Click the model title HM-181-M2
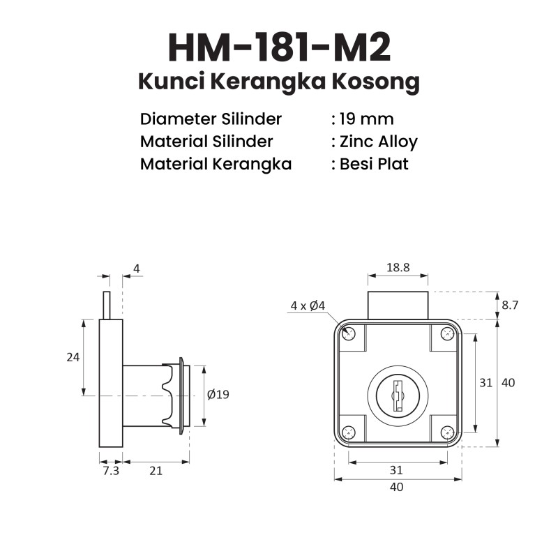point(280,47)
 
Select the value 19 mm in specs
point(367,119)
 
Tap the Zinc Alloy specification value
point(379,142)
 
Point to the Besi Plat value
point(374,164)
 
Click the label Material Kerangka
point(216,164)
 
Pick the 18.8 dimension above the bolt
point(398,267)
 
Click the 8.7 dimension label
point(510,305)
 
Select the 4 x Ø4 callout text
point(308,306)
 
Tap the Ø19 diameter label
point(218,394)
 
